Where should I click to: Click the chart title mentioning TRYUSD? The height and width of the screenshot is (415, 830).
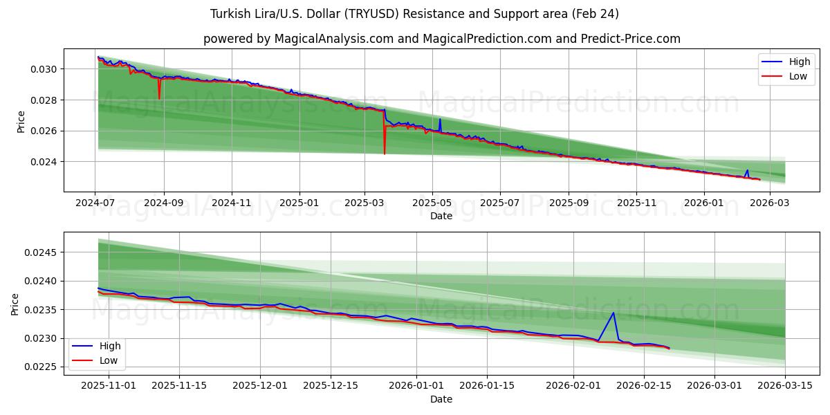(x=414, y=14)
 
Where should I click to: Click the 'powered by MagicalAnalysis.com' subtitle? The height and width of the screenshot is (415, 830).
(x=441, y=39)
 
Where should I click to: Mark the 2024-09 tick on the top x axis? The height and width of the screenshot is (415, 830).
(x=164, y=203)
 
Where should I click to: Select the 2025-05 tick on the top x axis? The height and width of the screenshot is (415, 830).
(x=432, y=203)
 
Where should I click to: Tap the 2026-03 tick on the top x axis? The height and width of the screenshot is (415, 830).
(x=768, y=203)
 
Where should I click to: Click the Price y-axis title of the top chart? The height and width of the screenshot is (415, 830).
(x=21, y=122)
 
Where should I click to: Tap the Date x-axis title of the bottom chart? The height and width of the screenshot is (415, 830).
(x=441, y=399)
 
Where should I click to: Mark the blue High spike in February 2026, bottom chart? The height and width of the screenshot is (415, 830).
(x=614, y=313)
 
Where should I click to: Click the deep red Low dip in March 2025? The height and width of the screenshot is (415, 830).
(x=385, y=153)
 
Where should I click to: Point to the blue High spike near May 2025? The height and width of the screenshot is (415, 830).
(x=440, y=120)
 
